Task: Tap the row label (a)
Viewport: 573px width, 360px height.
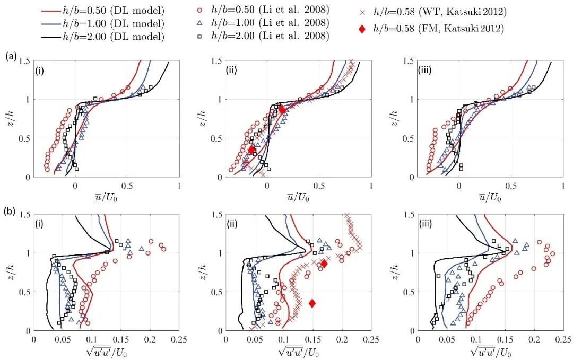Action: pos(10,55)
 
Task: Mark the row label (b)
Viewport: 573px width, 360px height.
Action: pos(10,210)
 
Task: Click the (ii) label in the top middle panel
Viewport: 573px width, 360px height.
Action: pos(233,70)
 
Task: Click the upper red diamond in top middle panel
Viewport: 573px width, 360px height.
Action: pos(282,109)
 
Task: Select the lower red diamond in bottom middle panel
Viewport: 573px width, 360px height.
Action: pos(312,303)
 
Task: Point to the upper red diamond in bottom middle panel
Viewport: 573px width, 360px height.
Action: pos(324,264)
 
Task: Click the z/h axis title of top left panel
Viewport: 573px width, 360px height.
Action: pos(9,119)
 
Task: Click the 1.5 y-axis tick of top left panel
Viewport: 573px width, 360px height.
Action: pos(25,61)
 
